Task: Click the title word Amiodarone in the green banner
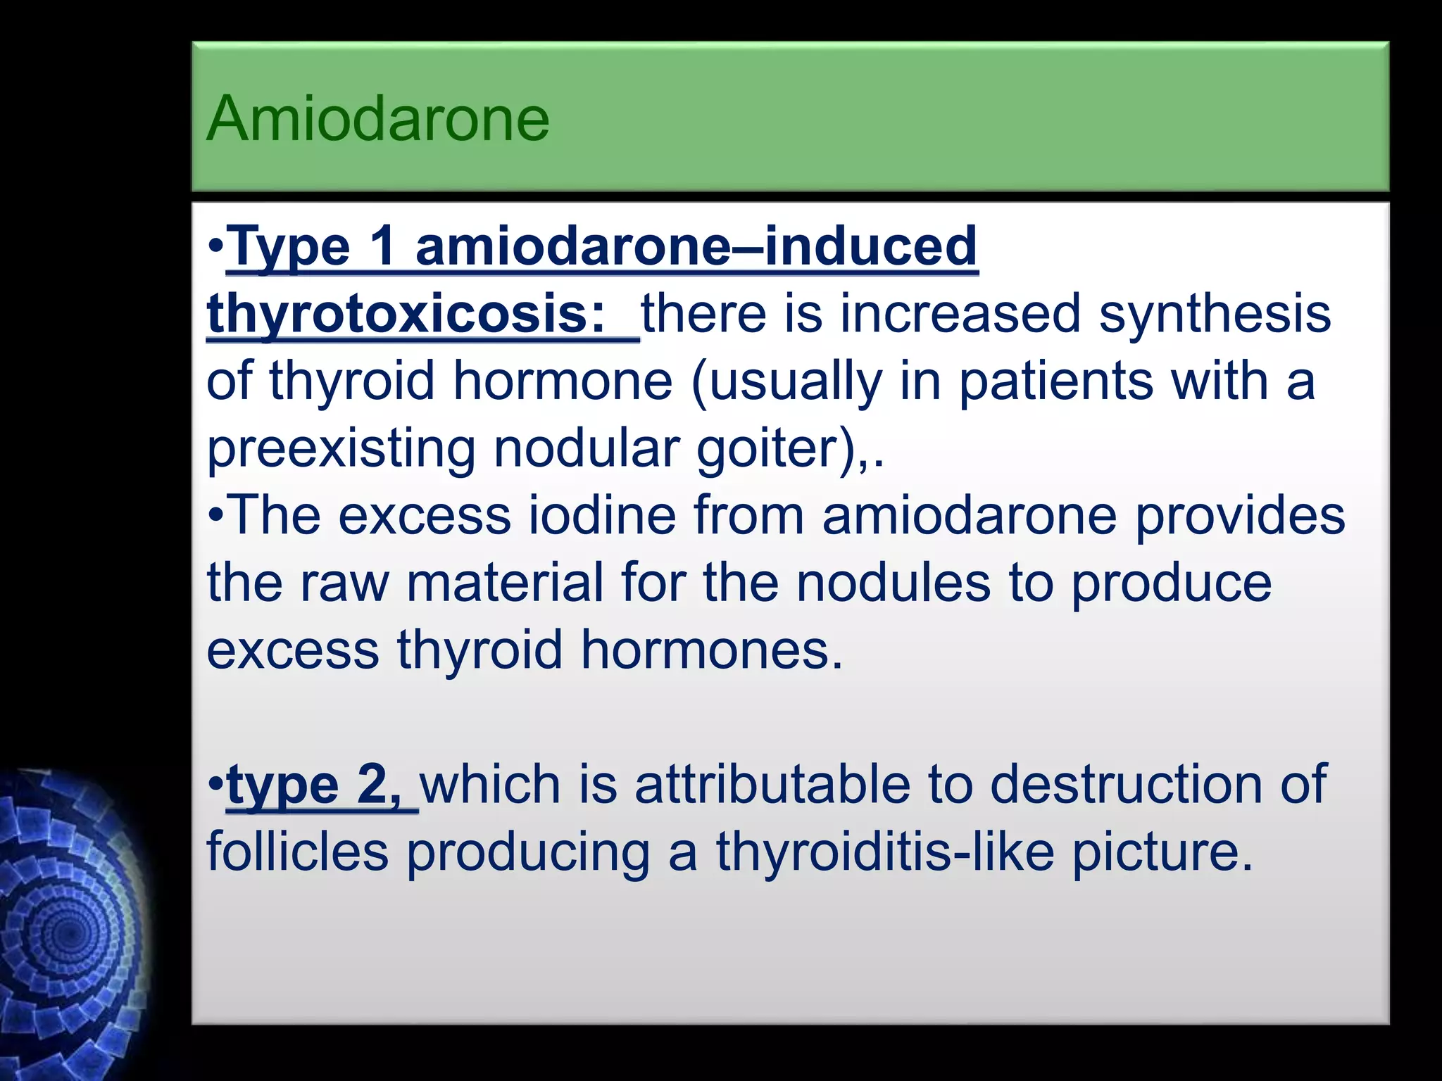377,118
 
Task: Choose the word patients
1055,381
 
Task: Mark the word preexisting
341,449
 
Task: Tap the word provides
1240,515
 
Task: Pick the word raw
344,583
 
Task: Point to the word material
505,583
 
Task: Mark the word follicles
297,852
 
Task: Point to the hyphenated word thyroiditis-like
885,852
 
